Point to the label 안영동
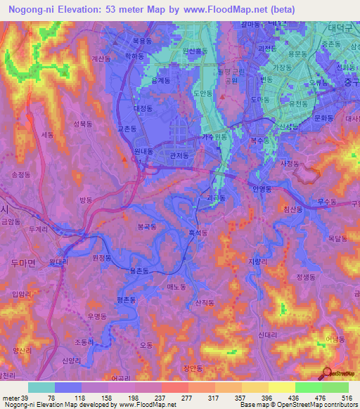[261, 189]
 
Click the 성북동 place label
[82, 124]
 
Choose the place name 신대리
[269, 335]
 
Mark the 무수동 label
[326, 202]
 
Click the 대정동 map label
[143, 109]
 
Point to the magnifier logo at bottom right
[328, 373]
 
